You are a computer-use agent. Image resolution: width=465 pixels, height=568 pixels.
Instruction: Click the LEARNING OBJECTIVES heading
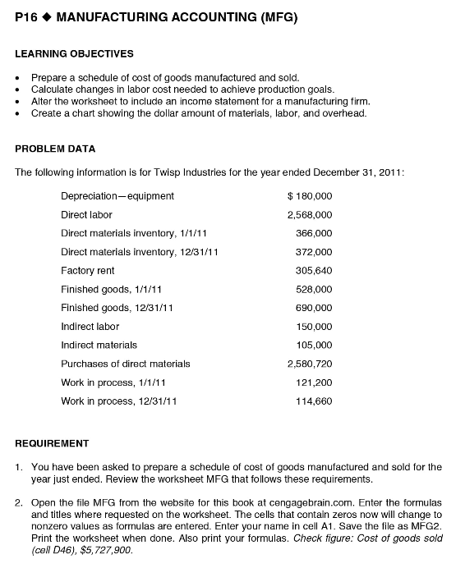coord(75,54)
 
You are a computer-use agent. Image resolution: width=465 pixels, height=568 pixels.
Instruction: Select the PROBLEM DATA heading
coord(56,149)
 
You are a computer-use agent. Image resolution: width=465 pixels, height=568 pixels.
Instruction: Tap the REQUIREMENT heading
coord(53,443)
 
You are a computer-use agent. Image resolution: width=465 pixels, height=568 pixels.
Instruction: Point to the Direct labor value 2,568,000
coord(309,214)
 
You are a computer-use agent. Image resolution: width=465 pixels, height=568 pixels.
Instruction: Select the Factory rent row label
coord(88,270)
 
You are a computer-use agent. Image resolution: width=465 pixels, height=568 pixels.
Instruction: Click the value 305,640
coord(314,270)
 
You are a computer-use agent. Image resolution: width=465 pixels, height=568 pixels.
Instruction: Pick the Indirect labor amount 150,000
coord(314,327)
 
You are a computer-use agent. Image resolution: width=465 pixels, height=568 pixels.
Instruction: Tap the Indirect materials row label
coord(99,345)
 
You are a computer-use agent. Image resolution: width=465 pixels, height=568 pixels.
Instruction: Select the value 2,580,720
coord(309,364)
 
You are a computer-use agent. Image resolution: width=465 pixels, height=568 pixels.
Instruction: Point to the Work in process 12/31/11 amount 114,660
coord(314,401)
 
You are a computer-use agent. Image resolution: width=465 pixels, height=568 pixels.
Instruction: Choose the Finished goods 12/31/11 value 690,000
coord(314,308)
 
